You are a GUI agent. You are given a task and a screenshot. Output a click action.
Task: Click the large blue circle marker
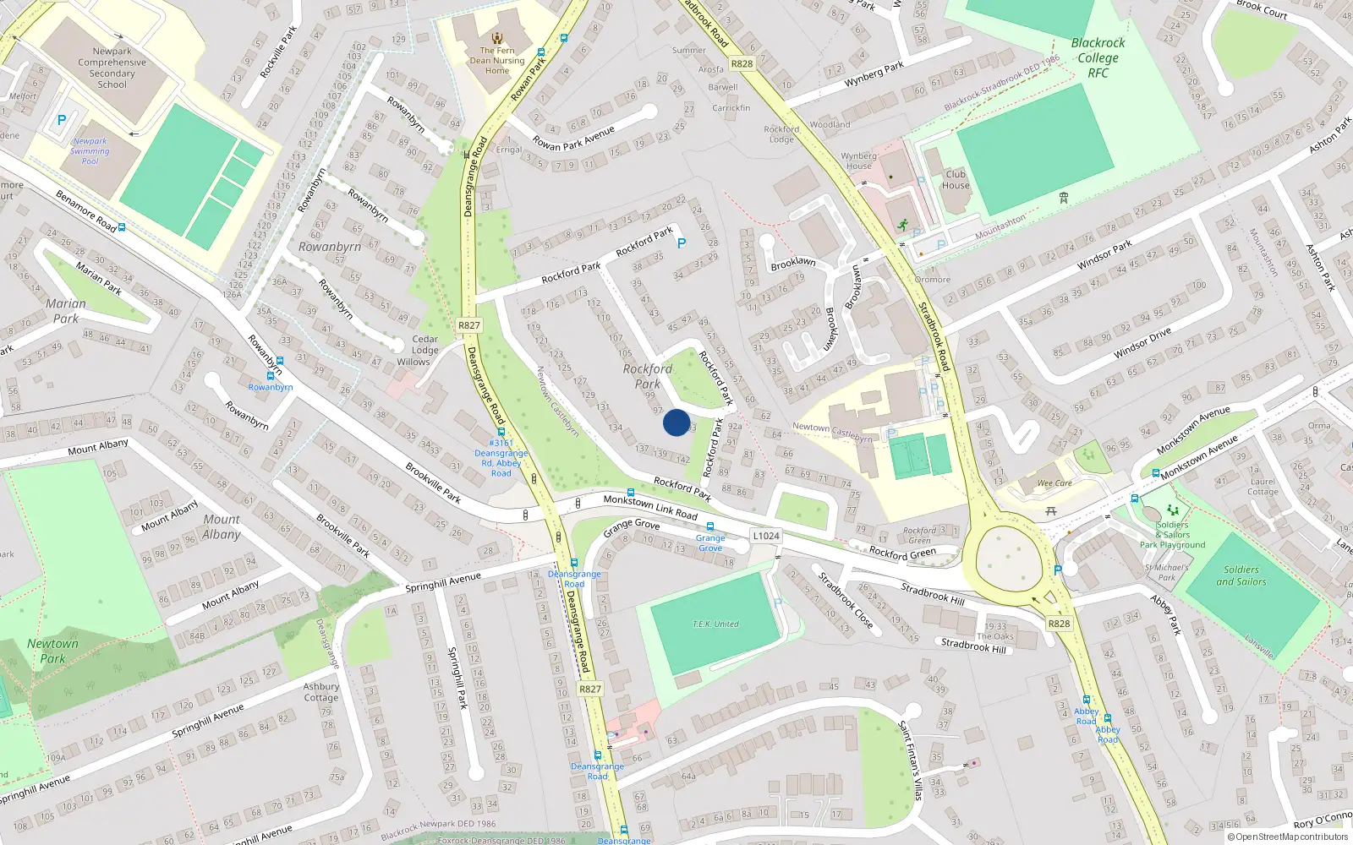pyautogui.click(x=676, y=422)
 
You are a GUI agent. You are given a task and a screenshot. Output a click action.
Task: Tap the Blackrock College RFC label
pyautogui.click(x=1098, y=57)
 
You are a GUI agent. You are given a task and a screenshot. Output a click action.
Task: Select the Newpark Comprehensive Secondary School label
pyautogui.click(x=112, y=68)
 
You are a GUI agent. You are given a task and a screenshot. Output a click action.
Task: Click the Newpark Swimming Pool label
pyautogui.click(x=90, y=151)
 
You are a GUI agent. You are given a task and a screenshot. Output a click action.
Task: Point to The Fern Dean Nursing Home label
pyautogui.click(x=497, y=60)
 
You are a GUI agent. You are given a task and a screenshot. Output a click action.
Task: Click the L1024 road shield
pyautogui.click(x=766, y=536)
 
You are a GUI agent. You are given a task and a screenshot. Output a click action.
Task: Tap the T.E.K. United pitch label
pyautogui.click(x=715, y=624)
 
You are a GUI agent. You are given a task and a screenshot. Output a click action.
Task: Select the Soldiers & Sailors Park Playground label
pyautogui.click(x=1172, y=535)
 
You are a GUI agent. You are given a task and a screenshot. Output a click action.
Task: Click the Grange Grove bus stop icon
pyautogui.click(x=710, y=526)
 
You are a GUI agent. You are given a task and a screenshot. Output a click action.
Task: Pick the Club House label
pyautogui.click(x=956, y=179)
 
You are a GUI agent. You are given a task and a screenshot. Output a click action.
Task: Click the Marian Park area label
pyautogui.click(x=66, y=311)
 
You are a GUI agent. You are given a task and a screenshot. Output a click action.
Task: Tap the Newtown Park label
pyautogui.click(x=52, y=651)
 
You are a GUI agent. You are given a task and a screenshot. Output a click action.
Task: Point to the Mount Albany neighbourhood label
pyautogui.click(x=221, y=526)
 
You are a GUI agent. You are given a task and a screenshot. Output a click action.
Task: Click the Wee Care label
pyautogui.click(x=1054, y=483)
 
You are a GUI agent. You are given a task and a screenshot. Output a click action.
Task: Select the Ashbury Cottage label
pyautogui.click(x=320, y=692)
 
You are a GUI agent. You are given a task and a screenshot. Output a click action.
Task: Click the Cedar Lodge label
pyautogui.click(x=425, y=345)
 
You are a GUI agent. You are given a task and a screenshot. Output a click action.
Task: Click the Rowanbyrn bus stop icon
pyautogui.click(x=271, y=376)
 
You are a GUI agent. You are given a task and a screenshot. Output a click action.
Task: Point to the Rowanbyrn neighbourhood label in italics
pyautogui.click(x=330, y=247)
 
